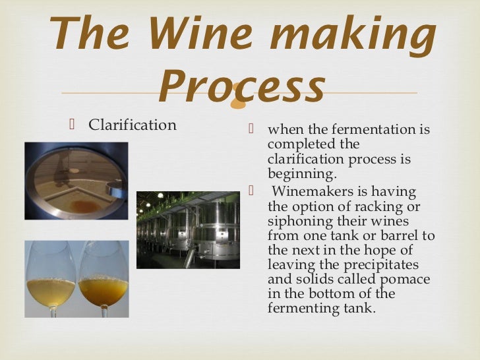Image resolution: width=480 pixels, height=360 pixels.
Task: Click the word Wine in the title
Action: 190,33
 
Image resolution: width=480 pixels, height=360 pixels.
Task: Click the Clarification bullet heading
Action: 133,125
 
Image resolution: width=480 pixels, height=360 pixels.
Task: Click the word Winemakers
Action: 311,192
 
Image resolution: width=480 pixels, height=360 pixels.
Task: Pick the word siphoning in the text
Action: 299,221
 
